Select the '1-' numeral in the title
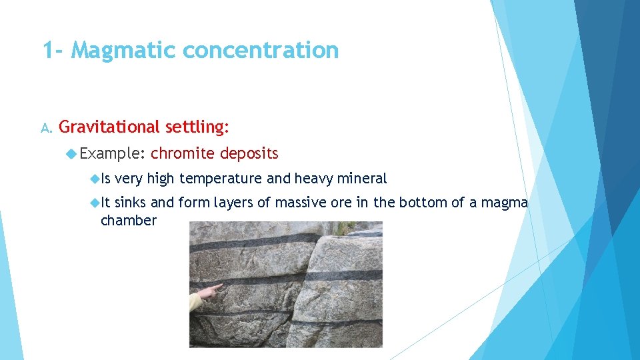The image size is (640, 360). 53,50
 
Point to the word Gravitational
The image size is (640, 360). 110,127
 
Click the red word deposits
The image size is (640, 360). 249,154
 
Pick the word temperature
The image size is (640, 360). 223,179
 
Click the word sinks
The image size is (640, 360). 131,203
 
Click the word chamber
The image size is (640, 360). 128,221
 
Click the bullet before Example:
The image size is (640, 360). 72,154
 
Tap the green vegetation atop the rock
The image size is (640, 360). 343,228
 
